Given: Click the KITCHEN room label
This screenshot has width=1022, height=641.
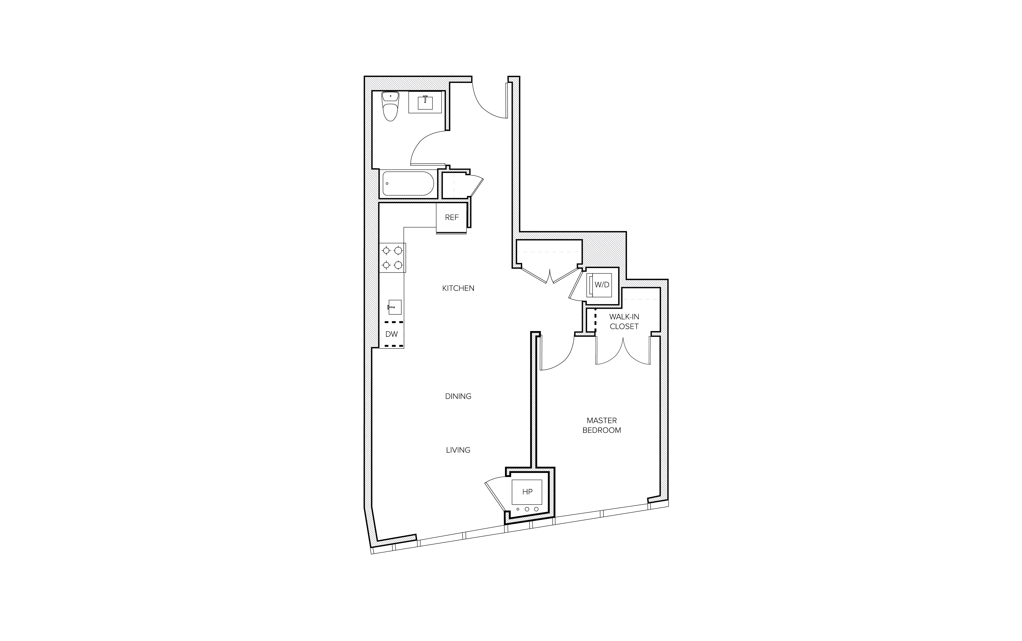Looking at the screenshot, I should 458,288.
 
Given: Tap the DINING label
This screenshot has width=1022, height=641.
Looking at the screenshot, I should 458,396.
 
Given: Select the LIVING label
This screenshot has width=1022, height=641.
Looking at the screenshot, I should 458,450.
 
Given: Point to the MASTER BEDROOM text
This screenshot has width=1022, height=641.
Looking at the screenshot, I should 601,425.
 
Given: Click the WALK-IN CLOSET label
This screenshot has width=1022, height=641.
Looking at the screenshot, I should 624,321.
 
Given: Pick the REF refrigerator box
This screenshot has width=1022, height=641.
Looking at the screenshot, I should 452,218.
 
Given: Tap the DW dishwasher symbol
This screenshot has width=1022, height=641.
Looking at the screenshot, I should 391,334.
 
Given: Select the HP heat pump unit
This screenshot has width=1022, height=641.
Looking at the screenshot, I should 527,492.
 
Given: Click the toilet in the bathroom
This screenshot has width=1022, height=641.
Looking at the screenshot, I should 390,106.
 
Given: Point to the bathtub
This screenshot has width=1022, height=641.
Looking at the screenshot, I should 408,183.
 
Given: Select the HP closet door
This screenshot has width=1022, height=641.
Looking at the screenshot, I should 496,492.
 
